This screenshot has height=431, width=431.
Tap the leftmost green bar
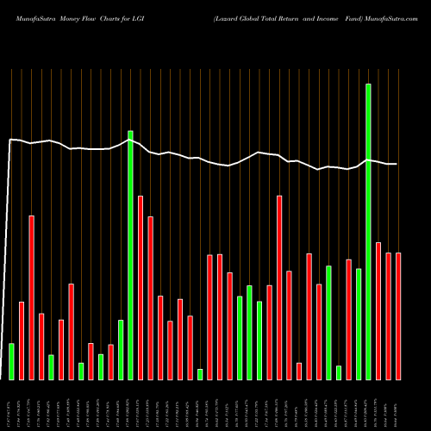pos(11,361)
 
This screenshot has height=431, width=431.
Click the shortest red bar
pos(299,371)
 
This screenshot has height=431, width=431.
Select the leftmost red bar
pos(22,340)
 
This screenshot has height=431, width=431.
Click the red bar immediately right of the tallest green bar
pos(378,310)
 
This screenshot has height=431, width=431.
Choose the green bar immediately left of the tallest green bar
pos(359,324)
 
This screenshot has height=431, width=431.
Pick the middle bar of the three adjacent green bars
pos(249,332)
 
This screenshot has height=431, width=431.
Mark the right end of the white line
pos(397,164)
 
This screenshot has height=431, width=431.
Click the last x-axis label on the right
pos(398,404)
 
